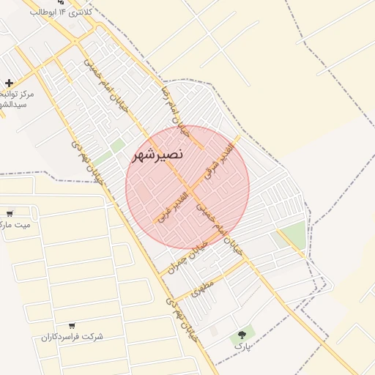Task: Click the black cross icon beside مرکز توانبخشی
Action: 9,83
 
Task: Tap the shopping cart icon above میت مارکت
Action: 10,214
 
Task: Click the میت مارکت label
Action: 16,225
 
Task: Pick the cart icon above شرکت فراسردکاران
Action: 72,325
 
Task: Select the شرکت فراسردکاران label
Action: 72,336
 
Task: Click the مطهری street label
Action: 201,287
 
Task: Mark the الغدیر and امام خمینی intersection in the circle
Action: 190,189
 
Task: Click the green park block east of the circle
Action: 294,235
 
